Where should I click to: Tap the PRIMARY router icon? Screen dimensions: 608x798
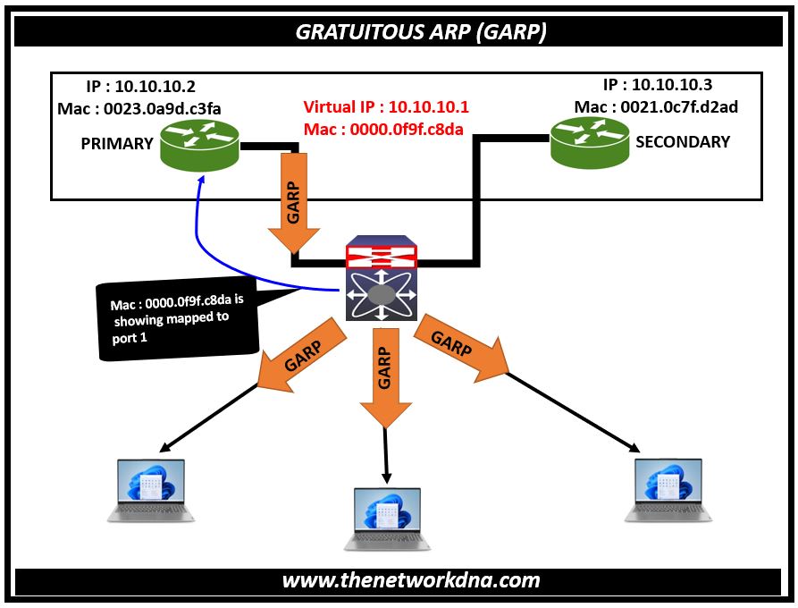(x=199, y=145)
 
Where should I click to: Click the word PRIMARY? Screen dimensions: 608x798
(x=117, y=144)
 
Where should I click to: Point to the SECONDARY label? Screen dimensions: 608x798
(x=683, y=141)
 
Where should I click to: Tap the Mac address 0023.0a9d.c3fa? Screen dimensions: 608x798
(x=139, y=109)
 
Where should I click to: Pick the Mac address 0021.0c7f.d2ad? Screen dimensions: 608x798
(x=657, y=107)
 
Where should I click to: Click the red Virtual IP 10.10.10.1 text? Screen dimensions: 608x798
(x=386, y=107)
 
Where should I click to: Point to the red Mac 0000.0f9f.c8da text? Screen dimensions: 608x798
(x=383, y=131)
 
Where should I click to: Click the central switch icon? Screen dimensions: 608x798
(x=382, y=281)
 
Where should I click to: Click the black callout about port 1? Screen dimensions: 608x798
(x=175, y=318)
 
